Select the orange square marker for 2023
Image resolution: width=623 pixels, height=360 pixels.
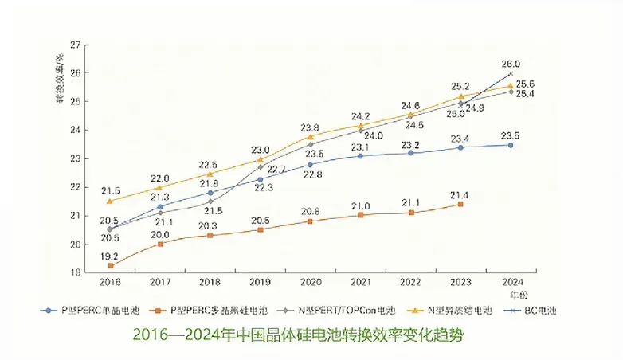(460, 205)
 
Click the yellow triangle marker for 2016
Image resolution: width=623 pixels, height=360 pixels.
(110, 201)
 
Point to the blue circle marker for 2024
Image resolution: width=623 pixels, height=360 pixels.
(511, 145)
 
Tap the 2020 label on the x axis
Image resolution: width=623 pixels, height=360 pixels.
(310, 283)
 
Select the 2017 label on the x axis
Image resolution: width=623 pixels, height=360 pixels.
(160, 283)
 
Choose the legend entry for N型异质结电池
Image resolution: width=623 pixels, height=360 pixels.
(456, 308)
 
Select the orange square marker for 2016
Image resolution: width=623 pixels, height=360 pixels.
(110, 265)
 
